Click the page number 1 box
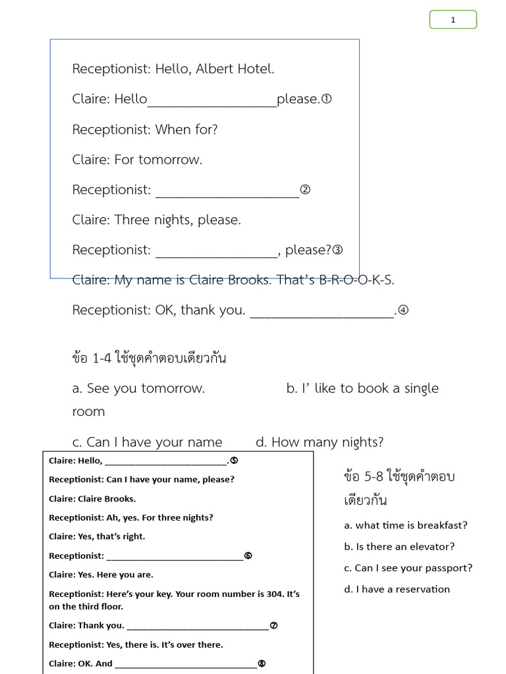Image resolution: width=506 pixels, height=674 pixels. pyautogui.click(x=453, y=20)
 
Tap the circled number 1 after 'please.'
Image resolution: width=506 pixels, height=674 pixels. pyautogui.click(x=326, y=99)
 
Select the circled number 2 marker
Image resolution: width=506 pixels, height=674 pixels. pyautogui.click(x=304, y=190)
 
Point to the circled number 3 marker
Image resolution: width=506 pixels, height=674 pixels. pyautogui.click(x=337, y=250)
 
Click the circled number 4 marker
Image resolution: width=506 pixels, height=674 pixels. pyautogui.click(x=403, y=311)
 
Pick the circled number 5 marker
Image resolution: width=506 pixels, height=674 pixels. pyautogui.click(x=234, y=461)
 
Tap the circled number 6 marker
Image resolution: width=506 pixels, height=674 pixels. pyautogui.click(x=248, y=556)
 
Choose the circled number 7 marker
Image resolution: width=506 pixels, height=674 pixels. pyautogui.click(x=273, y=625)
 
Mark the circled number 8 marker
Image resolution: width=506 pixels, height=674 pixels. pyautogui.click(x=262, y=663)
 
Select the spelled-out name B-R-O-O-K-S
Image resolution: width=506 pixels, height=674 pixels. pyautogui.click(x=356, y=280)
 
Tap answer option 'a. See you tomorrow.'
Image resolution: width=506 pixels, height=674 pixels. pyautogui.click(x=138, y=388)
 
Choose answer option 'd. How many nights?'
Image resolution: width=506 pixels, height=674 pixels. pyautogui.click(x=320, y=442)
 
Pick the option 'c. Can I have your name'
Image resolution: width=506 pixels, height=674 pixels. pyautogui.click(x=147, y=442)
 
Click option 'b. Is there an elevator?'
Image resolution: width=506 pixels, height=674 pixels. pyautogui.click(x=399, y=546)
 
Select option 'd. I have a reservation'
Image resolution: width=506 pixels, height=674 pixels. pyautogui.click(x=397, y=589)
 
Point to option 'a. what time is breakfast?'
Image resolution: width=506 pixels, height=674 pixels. pyautogui.click(x=406, y=525)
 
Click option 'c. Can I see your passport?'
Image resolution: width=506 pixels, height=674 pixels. pyautogui.click(x=408, y=568)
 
